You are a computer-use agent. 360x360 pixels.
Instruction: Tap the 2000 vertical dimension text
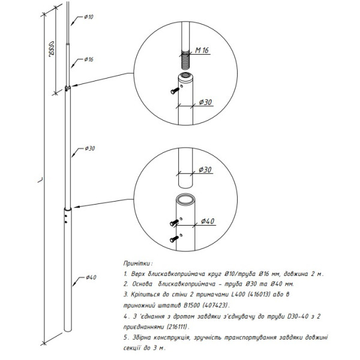(x=53, y=50)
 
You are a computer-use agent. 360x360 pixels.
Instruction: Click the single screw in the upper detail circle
(x=173, y=91)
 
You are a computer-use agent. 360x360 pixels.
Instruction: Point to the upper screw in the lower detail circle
(x=174, y=224)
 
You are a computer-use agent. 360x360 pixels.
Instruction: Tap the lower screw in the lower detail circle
(x=174, y=239)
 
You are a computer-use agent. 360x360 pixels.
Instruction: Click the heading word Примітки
(x=138, y=263)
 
